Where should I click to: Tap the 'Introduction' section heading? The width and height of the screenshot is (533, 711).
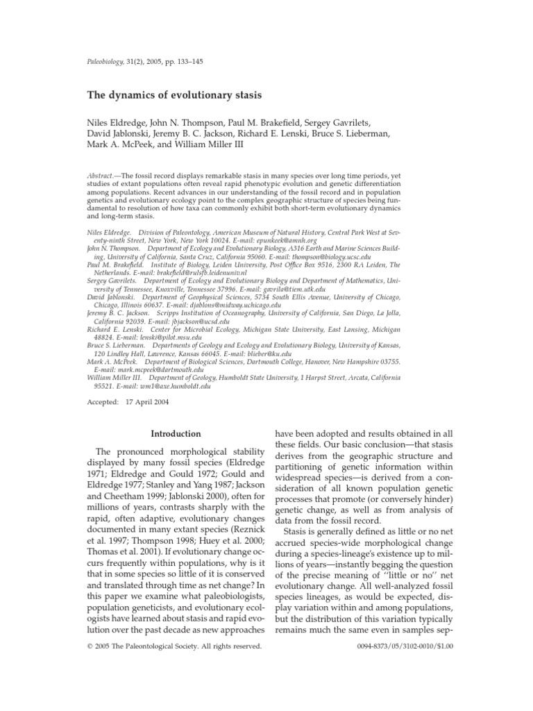point(176,434)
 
